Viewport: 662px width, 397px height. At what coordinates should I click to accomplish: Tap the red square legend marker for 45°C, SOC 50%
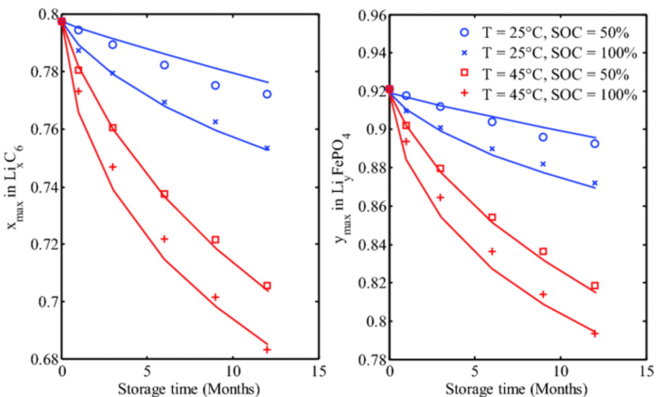coord(464,73)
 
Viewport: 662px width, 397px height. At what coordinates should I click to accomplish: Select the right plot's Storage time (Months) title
coord(517,388)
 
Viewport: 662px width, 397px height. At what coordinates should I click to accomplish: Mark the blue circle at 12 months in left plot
coord(267,94)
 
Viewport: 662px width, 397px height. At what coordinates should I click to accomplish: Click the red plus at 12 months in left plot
coord(267,349)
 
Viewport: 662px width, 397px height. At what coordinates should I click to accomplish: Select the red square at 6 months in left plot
coord(164,194)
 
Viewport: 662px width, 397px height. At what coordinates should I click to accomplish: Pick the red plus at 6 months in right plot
coord(492,251)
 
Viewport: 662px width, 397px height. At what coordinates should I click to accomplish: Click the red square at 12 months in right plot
coord(595,286)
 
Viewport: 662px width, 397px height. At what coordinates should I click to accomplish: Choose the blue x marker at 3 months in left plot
coord(113,73)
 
